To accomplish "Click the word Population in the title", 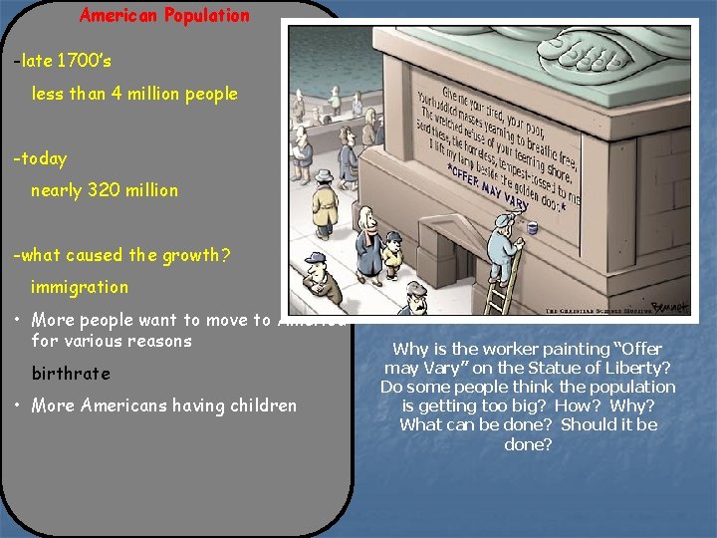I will click(x=208, y=15).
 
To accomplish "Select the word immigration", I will click(x=80, y=287).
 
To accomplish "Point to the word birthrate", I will click(x=71, y=374).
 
